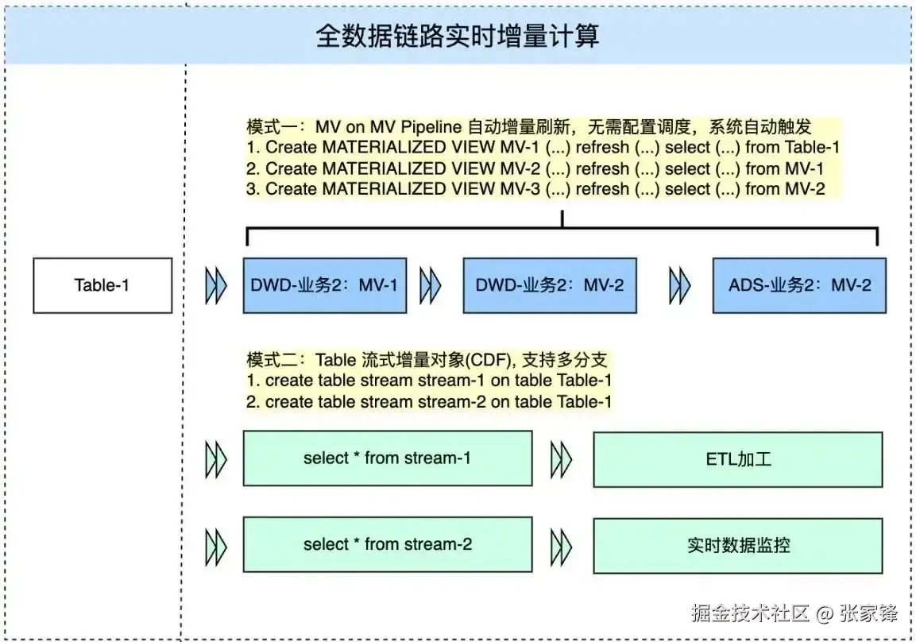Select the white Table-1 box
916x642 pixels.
[x=102, y=285]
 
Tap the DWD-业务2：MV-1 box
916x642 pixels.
[x=325, y=285]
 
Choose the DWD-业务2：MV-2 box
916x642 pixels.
[x=549, y=285]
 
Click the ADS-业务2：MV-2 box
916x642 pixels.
[x=799, y=285]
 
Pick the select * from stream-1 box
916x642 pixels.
[x=388, y=458]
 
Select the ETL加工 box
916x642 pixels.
[x=738, y=458]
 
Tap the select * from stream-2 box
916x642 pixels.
[x=388, y=545]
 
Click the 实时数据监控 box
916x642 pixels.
[x=738, y=545]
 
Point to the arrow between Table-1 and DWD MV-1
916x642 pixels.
[x=215, y=285]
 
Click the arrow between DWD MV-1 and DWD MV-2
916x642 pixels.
[x=430, y=285]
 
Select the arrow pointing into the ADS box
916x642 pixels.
[x=680, y=285]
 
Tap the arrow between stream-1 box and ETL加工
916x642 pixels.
[x=562, y=458]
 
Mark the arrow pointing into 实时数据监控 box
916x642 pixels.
[x=562, y=545]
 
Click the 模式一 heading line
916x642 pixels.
[x=528, y=126]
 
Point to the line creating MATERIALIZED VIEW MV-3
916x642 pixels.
[x=535, y=189]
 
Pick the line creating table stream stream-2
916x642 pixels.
[x=429, y=401]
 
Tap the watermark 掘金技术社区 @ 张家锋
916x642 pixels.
[x=794, y=613]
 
